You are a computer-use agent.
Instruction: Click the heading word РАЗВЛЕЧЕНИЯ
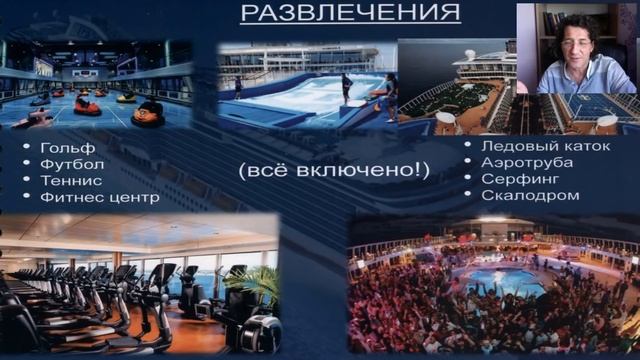click(x=350, y=13)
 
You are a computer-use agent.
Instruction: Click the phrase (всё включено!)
click(x=334, y=170)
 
